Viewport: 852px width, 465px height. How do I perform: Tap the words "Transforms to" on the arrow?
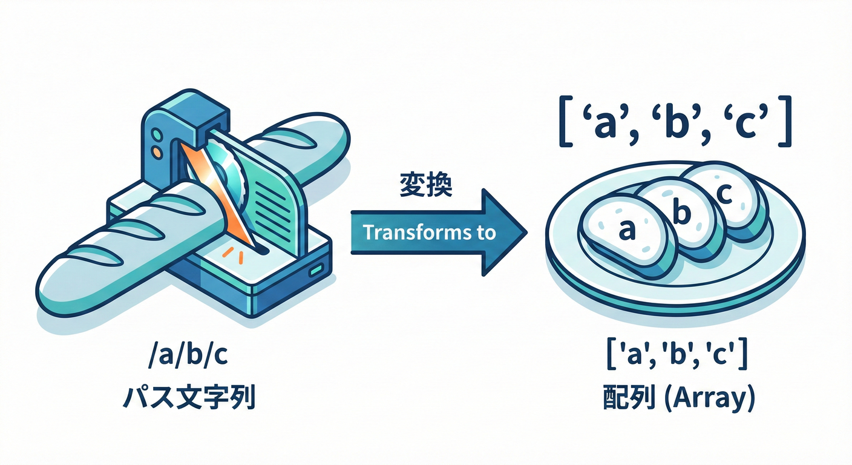(430, 232)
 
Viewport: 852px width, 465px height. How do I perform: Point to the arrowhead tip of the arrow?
(525, 232)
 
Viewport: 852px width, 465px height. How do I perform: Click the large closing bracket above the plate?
(783, 124)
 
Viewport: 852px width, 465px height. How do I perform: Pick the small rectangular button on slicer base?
(314, 272)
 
